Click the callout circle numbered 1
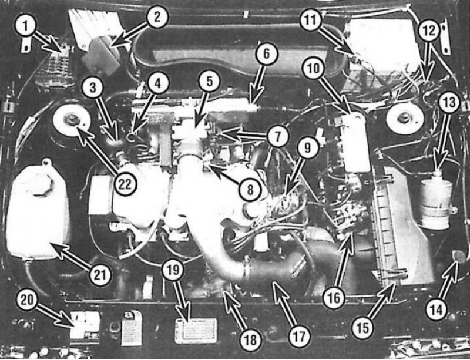pos(25,25)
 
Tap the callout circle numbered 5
pos(209,81)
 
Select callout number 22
pos(125,184)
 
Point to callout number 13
pos(449,102)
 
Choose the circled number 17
pos(300,336)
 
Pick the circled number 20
pos(27,300)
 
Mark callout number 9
pos(307,147)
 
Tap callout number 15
pos(362,328)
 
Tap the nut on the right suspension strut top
pos(405,117)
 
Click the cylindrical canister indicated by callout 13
pos(436,200)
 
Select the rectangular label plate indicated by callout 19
pos(196,331)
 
